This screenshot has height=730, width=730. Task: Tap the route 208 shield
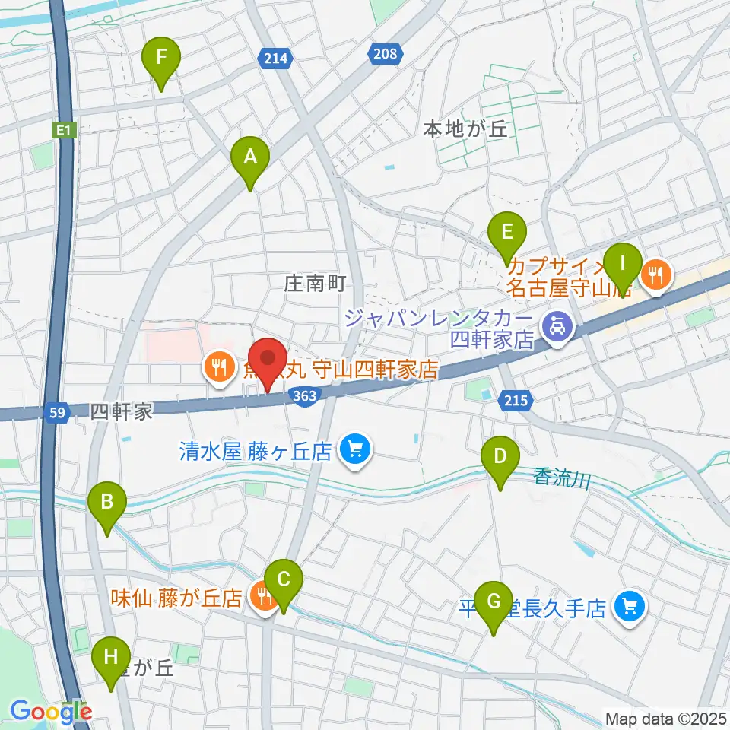[x=386, y=52]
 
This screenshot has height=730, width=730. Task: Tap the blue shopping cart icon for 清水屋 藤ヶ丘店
[x=354, y=451]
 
